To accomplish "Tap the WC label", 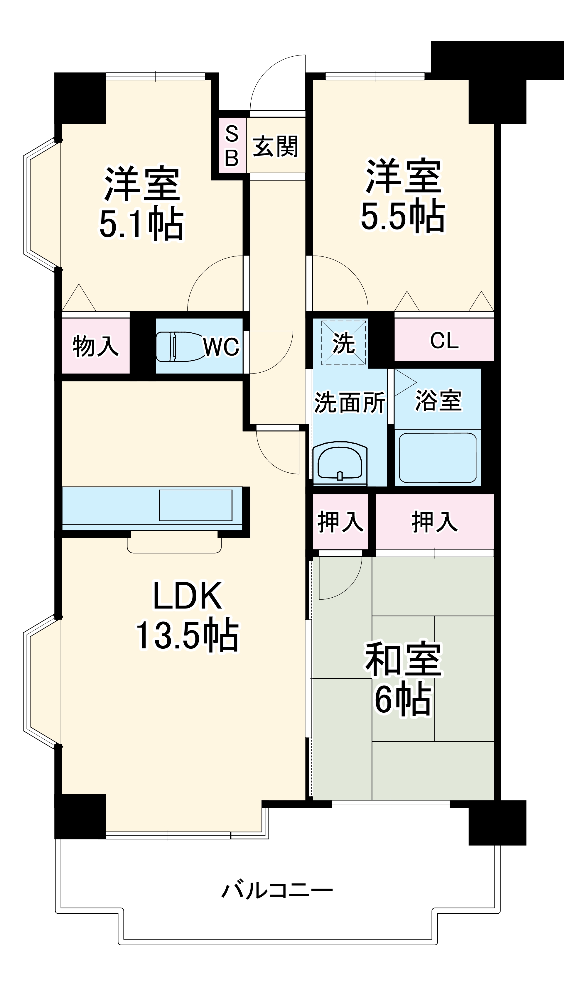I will [221, 347].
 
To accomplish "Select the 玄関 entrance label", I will [275, 146].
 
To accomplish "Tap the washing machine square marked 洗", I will [343, 342].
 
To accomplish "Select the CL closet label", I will [444, 340].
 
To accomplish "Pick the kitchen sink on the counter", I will [195, 505].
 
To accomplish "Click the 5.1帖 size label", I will [141, 223].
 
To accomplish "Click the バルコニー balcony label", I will [277, 890].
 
